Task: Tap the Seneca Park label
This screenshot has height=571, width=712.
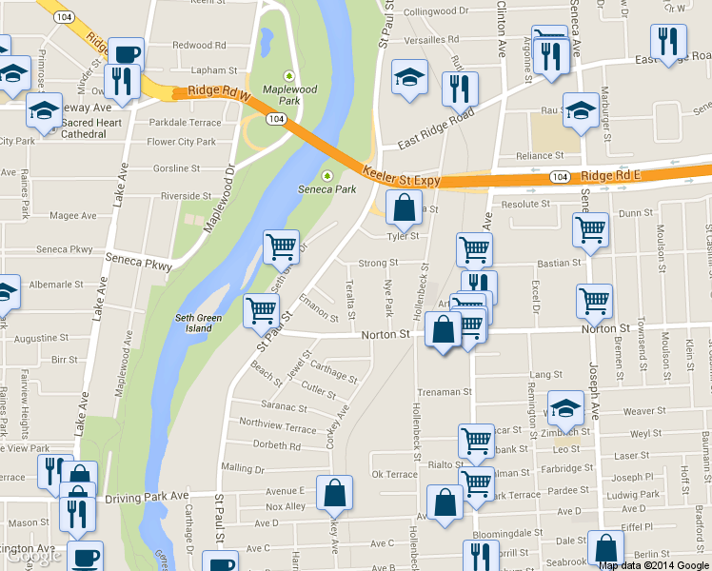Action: pos(326,189)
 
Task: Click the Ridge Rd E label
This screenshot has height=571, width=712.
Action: pos(611,176)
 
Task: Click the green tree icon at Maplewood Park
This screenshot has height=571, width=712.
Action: pos(290,76)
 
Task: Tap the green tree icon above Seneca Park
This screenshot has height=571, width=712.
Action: pos(327,175)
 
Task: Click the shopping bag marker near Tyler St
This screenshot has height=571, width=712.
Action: pos(404,208)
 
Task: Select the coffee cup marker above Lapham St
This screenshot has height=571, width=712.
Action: pos(126,53)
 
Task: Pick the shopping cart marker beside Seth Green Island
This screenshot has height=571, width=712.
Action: pos(262,310)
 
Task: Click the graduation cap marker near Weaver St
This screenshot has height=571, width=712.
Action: pos(565,407)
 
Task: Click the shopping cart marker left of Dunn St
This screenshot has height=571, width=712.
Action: pos(590,229)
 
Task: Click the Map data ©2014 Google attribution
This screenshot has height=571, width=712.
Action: pos(654,565)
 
